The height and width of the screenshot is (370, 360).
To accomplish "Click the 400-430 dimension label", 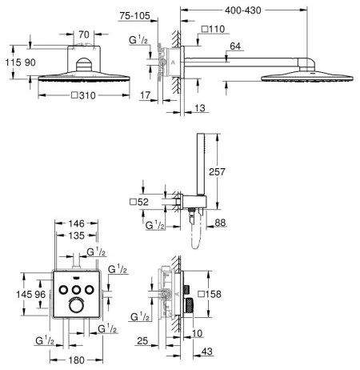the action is pos(242,10).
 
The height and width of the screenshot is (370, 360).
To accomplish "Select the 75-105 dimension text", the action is pos(134,16).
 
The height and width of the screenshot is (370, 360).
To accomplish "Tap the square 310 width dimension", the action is pos(83,95).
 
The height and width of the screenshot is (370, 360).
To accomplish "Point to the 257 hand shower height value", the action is pos(217,171).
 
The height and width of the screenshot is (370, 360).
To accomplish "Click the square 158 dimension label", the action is pos(210,294).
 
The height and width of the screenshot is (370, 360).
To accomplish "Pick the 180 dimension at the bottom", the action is pos(77,360).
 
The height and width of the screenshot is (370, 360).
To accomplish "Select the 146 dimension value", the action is pos(76,223).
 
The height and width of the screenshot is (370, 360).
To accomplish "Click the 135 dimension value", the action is pos(76,235).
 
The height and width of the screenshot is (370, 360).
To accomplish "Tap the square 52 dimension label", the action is pos(139,202).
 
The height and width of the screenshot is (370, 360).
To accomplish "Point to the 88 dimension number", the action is pos(220,223).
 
